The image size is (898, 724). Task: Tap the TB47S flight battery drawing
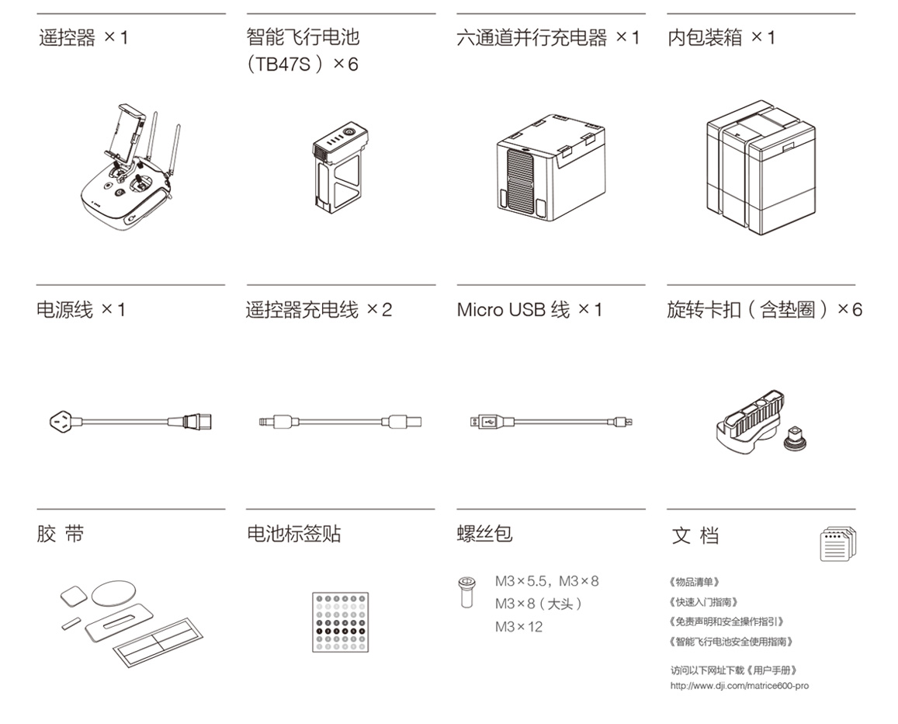click(x=340, y=166)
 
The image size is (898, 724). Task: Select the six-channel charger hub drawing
click(x=550, y=167)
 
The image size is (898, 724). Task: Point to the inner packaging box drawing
click(x=761, y=167)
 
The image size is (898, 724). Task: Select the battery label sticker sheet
click(x=340, y=622)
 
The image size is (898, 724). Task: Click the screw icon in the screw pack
click(x=466, y=592)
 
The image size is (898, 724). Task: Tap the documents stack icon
click(x=838, y=544)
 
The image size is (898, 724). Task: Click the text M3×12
click(x=519, y=627)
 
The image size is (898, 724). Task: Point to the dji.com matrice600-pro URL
click(x=740, y=686)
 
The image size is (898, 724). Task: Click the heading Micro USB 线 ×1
click(x=530, y=309)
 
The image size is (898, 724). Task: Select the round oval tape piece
click(x=114, y=593)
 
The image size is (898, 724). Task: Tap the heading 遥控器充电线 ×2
click(x=319, y=309)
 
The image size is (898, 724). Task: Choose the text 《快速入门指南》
click(x=702, y=602)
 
